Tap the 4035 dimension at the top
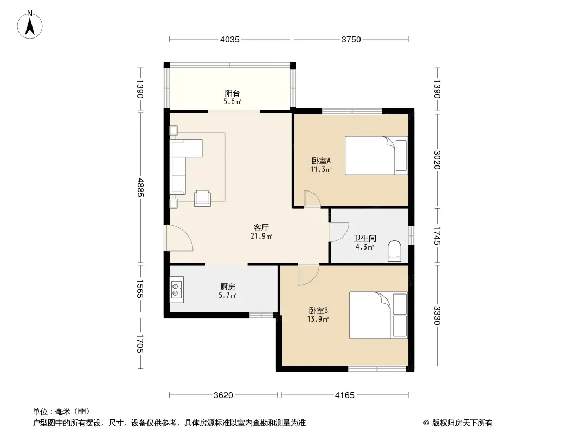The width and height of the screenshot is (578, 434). pyautogui.click(x=230, y=39)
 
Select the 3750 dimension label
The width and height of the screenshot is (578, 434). pyautogui.click(x=351, y=39)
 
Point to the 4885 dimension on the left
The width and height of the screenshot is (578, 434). pyautogui.click(x=140, y=187)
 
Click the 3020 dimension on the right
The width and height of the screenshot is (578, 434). pyautogui.click(x=437, y=159)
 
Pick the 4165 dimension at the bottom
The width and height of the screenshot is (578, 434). pyautogui.click(x=344, y=395)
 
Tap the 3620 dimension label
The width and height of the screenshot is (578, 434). pyautogui.click(x=223, y=395)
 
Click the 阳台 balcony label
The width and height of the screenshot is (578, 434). pyautogui.click(x=232, y=93)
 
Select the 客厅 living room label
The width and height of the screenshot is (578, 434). pyautogui.click(x=261, y=227)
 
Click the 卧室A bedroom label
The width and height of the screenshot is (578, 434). pyautogui.click(x=321, y=161)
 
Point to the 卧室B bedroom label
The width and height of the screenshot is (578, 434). pyautogui.click(x=318, y=310)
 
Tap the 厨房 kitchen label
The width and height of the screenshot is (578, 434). pyautogui.click(x=227, y=286)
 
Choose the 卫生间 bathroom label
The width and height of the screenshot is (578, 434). pyautogui.click(x=364, y=238)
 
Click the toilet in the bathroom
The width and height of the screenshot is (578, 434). pyautogui.click(x=394, y=251)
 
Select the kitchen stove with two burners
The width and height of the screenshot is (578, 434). pyautogui.click(x=177, y=290)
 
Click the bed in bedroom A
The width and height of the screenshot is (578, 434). pyautogui.click(x=376, y=155)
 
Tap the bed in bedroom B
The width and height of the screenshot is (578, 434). pyautogui.click(x=378, y=315)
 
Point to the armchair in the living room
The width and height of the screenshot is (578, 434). pyautogui.click(x=202, y=198)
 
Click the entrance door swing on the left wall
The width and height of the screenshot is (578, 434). pyautogui.click(x=179, y=238)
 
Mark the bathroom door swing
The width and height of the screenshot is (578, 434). pyautogui.click(x=339, y=232)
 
